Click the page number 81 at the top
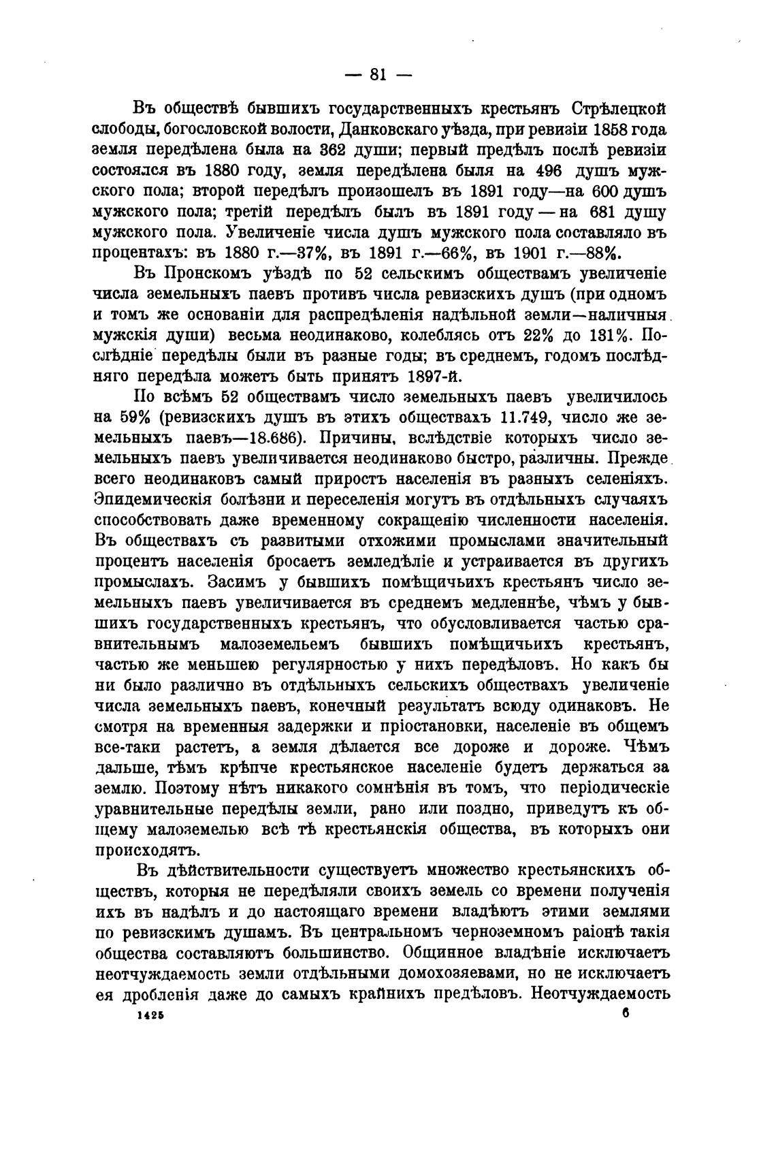tap(378, 75)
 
